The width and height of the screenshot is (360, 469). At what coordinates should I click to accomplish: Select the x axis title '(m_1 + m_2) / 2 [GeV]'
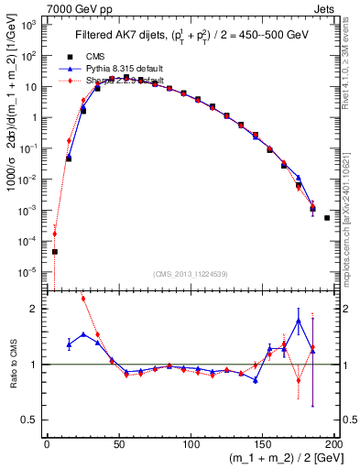pos(281,459)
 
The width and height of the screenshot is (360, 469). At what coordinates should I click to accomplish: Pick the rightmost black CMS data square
pos(327,218)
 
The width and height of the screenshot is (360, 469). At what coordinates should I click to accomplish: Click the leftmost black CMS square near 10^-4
pos(54,252)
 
